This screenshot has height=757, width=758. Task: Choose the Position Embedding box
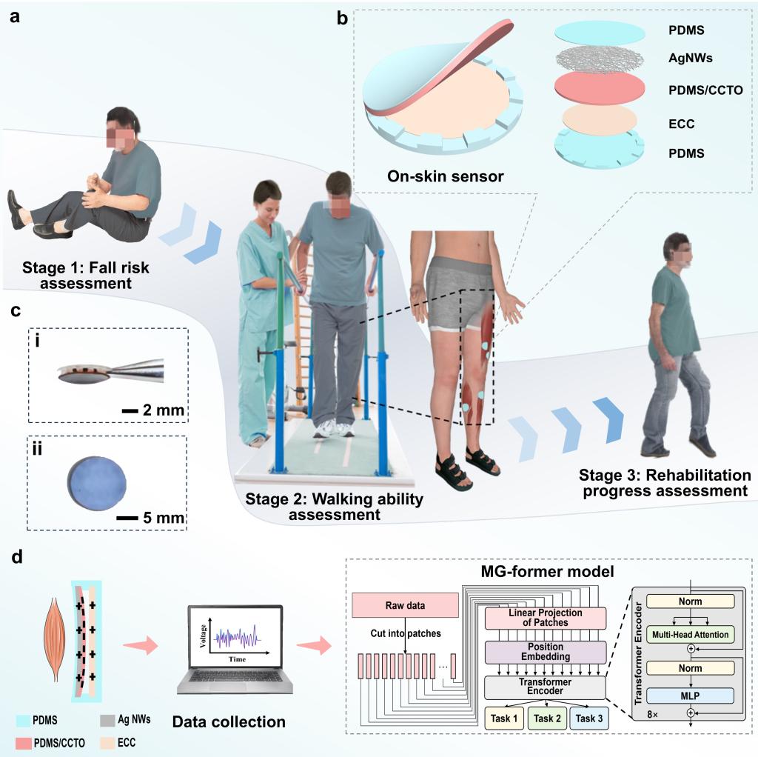(546, 652)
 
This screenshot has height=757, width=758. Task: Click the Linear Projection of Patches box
(546, 617)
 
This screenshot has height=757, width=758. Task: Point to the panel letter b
(343, 18)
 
